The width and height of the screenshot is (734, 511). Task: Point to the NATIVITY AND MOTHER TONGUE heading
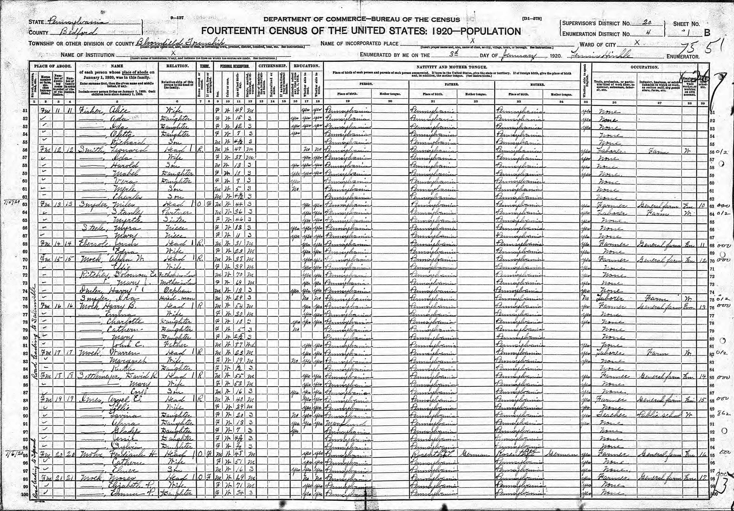point(452,67)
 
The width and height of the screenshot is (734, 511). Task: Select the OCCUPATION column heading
point(644,67)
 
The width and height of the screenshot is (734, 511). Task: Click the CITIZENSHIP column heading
point(272,66)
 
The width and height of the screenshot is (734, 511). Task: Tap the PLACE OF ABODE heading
point(52,66)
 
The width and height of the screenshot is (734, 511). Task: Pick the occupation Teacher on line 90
point(611,415)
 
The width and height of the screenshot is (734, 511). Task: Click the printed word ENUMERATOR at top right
point(683,57)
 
